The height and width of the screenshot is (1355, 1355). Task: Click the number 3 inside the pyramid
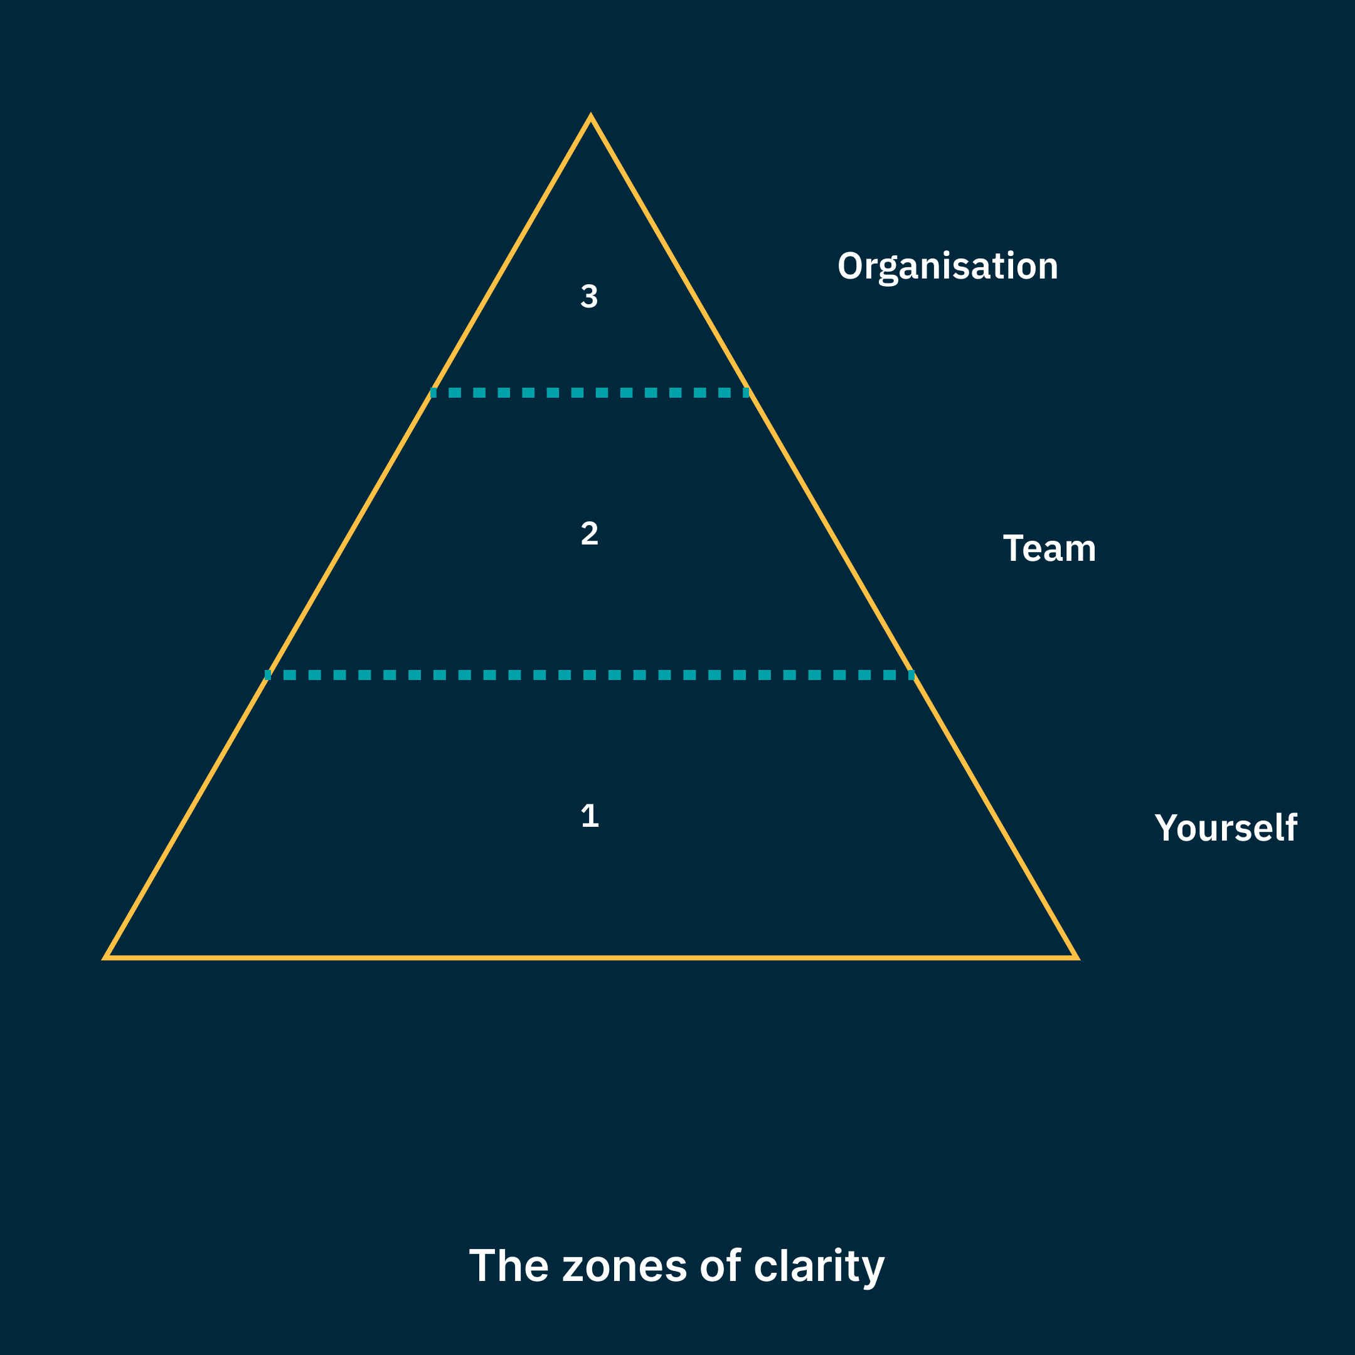coord(589,296)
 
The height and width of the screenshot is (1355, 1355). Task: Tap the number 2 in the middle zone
coord(589,534)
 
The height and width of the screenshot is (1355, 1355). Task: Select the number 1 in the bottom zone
coord(590,816)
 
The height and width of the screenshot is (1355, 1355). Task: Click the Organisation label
coord(947,267)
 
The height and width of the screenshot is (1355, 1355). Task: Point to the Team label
coord(1049,548)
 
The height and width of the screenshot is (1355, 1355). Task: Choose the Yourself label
coord(1226,827)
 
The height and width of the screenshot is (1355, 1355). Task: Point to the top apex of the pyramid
coord(590,118)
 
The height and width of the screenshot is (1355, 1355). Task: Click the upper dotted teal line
coord(590,393)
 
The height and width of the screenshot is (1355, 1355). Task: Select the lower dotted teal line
coord(590,676)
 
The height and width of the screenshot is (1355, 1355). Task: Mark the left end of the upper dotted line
coord(433,393)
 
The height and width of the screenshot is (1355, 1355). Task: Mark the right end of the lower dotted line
coord(911,676)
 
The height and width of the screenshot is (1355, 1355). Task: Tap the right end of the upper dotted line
coord(747,393)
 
